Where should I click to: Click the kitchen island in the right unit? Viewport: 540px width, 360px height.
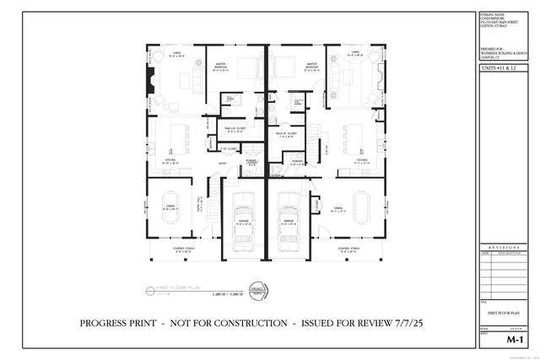tap(355, 137)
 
